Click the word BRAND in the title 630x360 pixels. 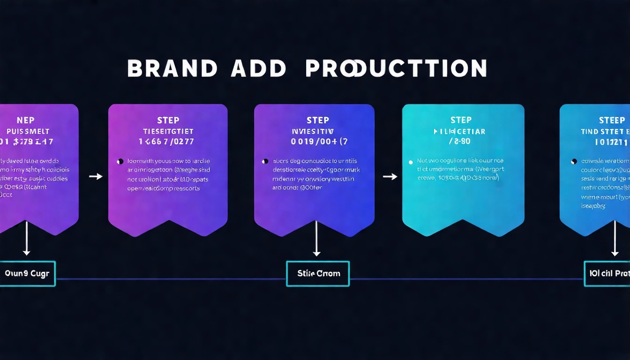172,68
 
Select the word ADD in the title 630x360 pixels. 258,68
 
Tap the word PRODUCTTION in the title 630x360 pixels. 396,68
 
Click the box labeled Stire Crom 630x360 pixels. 318,273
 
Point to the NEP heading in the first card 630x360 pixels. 25,120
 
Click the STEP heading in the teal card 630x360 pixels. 461,120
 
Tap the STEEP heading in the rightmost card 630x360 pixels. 612,120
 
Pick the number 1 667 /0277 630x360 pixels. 166,141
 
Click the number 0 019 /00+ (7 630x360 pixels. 319,141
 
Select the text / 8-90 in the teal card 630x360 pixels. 460,141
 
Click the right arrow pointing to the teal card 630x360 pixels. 390,176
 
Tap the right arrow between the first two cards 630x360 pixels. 96,176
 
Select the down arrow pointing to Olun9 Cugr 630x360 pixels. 26,239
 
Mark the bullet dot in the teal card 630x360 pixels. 412,161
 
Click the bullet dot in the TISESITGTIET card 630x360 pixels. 120,161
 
